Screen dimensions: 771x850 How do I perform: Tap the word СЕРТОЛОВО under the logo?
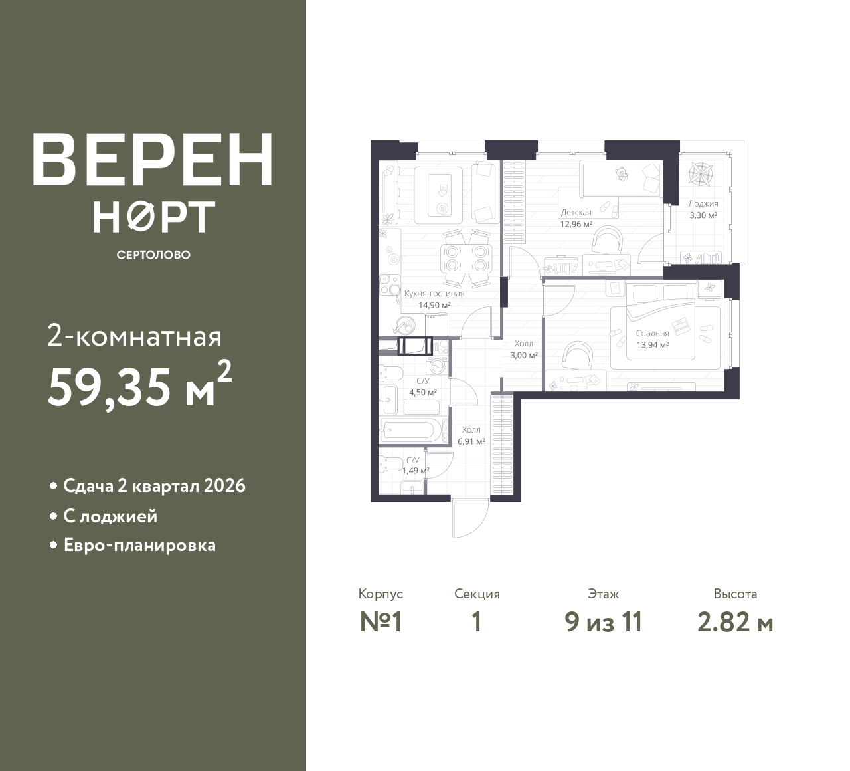click(x=153, y=255)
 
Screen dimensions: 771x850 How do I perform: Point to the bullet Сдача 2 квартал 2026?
click(x=154, y=486)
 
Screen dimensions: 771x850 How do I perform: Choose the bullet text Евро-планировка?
click(x=139, y=546)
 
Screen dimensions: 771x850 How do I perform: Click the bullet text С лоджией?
click(x=110, y=516)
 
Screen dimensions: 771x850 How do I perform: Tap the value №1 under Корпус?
click(x=381, y=623)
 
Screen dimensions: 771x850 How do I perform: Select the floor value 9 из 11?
click(x=604, y=623)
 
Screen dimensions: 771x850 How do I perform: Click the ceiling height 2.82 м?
click(x=735, y=623)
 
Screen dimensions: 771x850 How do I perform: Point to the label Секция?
click(x=477, y=594)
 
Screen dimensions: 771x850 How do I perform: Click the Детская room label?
click(x=576, y=213)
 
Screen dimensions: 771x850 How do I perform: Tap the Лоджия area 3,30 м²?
click(x=703, y=215)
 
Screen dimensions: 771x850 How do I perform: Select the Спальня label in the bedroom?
click(x=652, y=333)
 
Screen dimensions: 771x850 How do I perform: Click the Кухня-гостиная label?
click(x=434, y=293)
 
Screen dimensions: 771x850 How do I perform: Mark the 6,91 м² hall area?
click(x=471, y=441)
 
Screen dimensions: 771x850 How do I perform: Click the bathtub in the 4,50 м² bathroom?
click(x=408, y=430)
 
